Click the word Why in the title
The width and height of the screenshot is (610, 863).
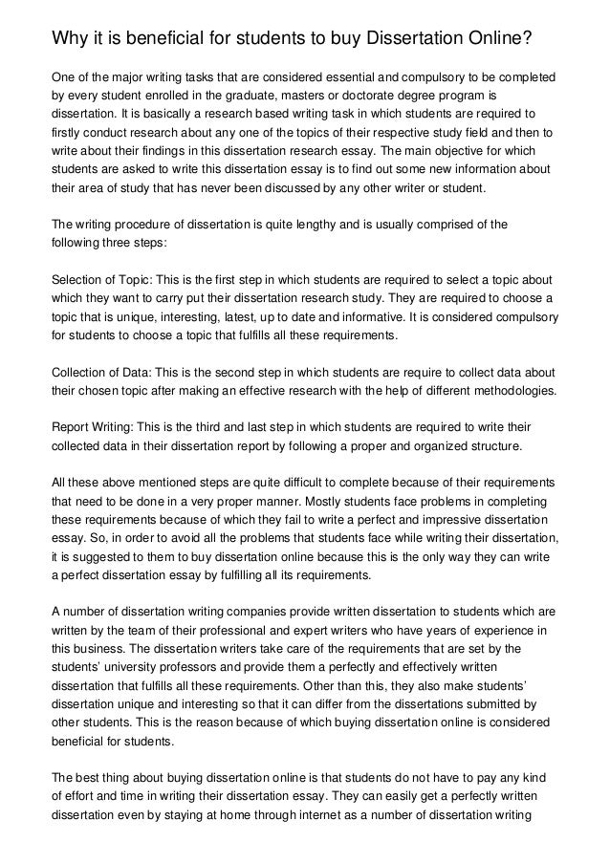pyautogui.click(x=71, y=40)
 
